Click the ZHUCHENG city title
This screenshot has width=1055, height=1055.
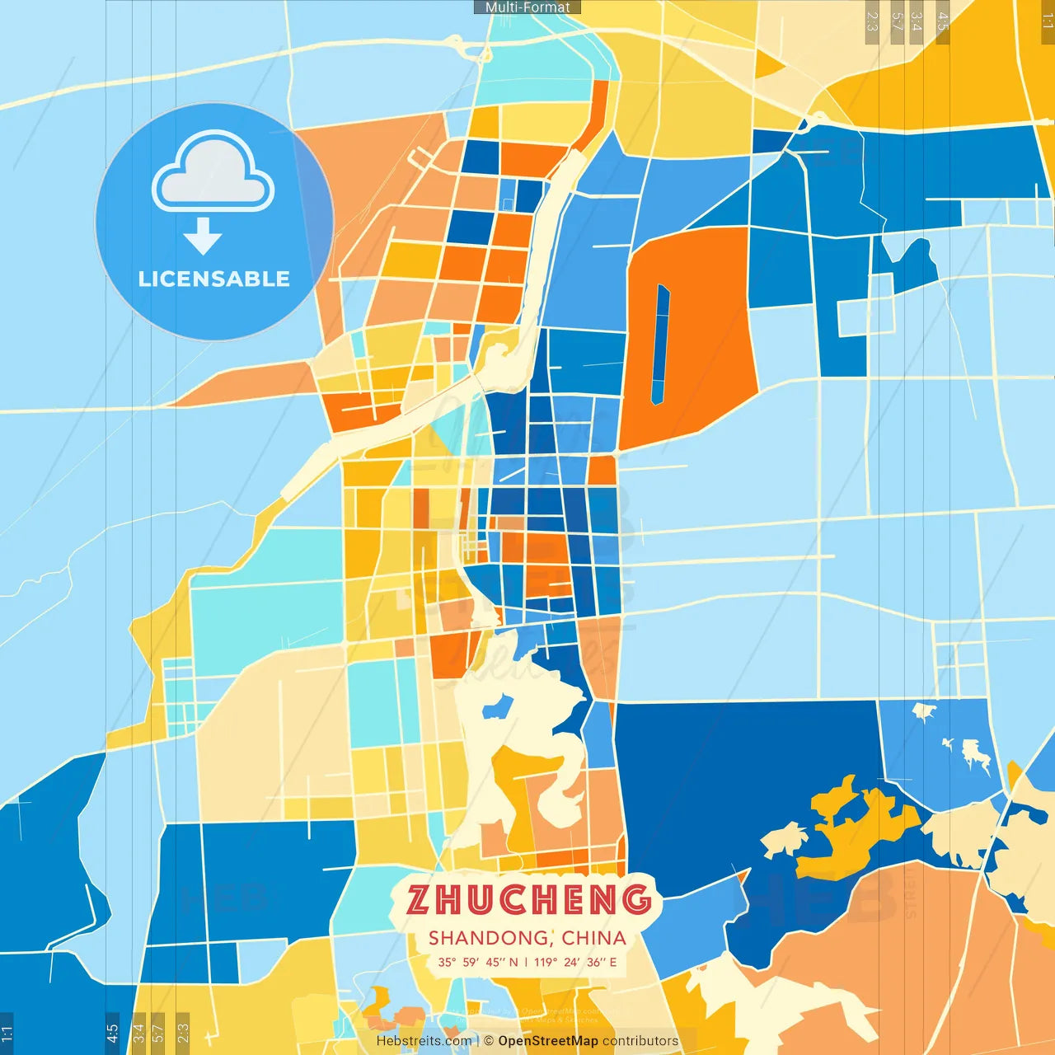[x=528, y=899]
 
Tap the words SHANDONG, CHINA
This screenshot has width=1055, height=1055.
[x=527, y=938]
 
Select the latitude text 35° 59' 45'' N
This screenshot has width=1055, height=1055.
[x=478, y=962]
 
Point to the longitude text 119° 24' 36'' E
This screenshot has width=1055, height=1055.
[x=575, y=962]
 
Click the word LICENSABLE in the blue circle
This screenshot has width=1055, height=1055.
[x=214, y=279]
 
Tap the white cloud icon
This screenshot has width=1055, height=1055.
[x=213, y=171]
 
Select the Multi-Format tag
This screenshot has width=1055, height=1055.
[x=527, y=7]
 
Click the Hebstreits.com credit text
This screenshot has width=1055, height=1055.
[x=424, y=1041]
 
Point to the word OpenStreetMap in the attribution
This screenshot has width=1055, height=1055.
[x=548, y=1041]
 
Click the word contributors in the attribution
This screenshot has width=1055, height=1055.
[x=640, y=1041]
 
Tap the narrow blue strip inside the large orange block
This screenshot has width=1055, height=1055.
[x=660, y=345]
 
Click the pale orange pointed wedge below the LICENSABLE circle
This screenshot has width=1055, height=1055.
[x=247, y=387]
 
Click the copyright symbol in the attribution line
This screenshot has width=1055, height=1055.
[x=489, y=1041]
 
